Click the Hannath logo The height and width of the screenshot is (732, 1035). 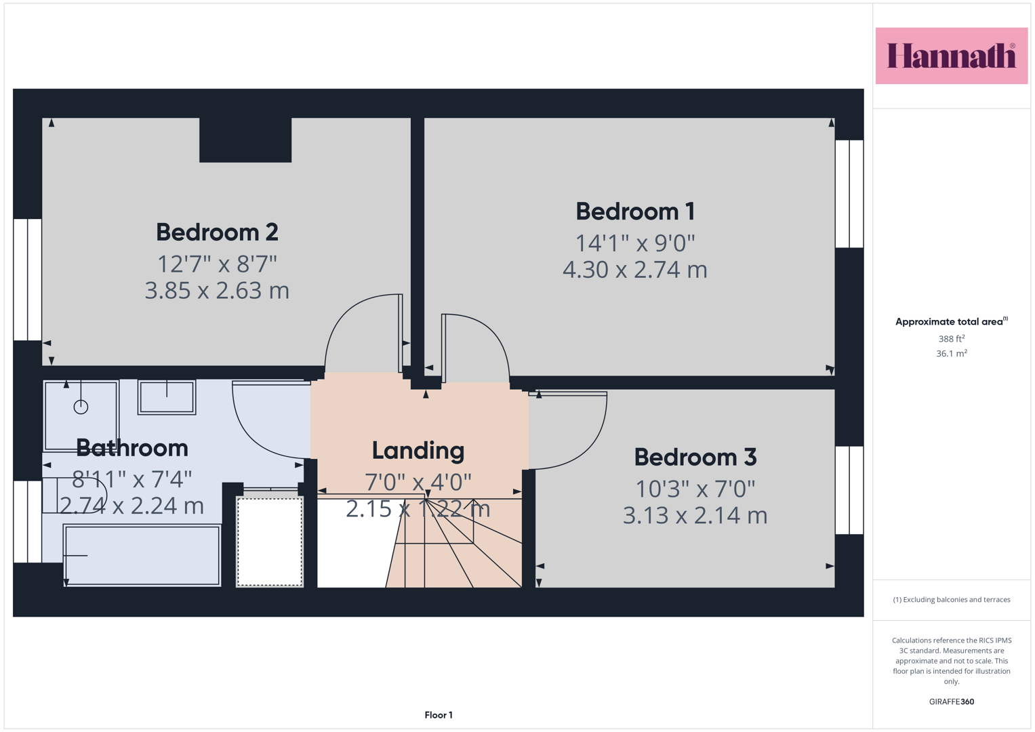point(952,56)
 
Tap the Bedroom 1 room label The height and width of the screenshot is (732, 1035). point(635,211)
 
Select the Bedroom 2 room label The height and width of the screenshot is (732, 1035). point(217,232)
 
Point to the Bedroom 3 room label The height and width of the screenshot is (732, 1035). point(695,457)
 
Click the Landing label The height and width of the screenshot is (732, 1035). point(418,451)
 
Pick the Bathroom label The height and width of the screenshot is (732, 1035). point(132,448)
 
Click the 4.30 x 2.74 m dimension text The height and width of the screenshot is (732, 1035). point(635,270)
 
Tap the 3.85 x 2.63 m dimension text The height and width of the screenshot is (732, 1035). point(217,291)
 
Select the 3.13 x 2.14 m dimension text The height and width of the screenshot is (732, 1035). point(695,515)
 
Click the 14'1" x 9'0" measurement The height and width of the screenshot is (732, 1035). point(635,243)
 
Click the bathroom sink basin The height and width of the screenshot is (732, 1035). point(167,397)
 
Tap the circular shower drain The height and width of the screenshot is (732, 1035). point(81,407)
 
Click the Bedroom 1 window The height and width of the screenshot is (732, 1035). point(849,194)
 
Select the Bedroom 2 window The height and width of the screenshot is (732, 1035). point(28,279)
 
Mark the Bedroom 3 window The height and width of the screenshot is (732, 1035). point(849,490)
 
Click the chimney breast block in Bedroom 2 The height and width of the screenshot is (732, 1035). point(245,140)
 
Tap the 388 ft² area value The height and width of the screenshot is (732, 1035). point(952,338)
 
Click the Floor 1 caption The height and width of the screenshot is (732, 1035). point(439,715)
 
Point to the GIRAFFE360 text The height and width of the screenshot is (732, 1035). point(952,701)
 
